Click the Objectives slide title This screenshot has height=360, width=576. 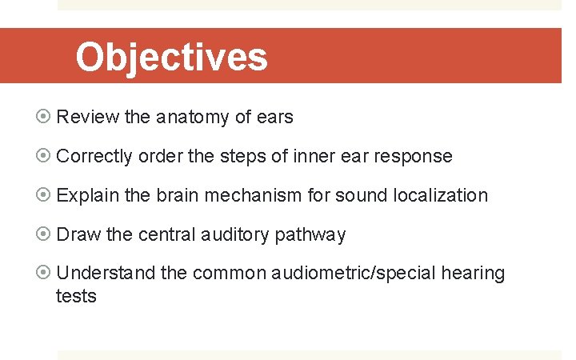pyautogui.click(x=171, y=57)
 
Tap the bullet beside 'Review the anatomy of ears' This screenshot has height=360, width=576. pyautogui.click(x=45, y=117)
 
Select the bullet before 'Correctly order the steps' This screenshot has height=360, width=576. pyautogui.click(x=45, y=156)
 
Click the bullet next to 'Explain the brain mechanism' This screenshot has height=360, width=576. pyautogui.click(x=45, y=195)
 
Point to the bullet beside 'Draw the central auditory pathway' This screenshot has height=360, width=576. pyautogui.click(x=45, y=234)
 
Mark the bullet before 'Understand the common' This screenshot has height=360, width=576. pyautogui.click(x=45, y=274)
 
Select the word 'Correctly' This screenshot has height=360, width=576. pyautogui.click(x=94, y=156)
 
